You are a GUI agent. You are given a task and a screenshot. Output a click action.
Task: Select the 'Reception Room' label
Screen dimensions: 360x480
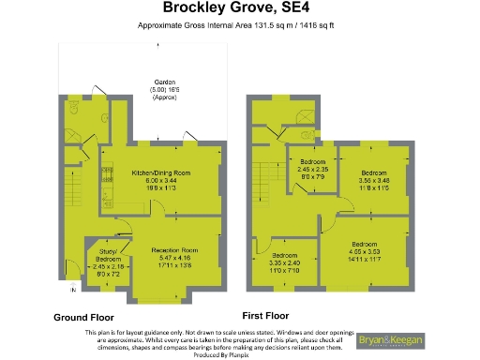[177, 249]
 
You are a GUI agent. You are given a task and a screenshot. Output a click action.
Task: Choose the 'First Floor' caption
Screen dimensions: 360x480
[266, 315]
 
